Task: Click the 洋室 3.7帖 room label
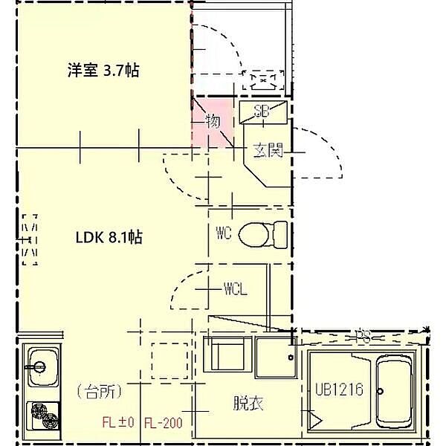click(x=103, y=71)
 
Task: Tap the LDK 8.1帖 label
click(x=109, y=238)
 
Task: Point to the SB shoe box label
click(x=261, y=113)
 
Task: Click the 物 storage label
click(x=212, y=120)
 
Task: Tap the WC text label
click(x=224, y=234)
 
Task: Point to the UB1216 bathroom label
click(x=338, y=390)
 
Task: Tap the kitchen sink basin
click(x=42, y=366)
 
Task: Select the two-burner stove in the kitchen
click(x=42, y=416)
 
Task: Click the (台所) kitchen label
click(x=99, y=390)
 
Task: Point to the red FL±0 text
click(x=117, y=424)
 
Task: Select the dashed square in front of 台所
click(x=170, y=361)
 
